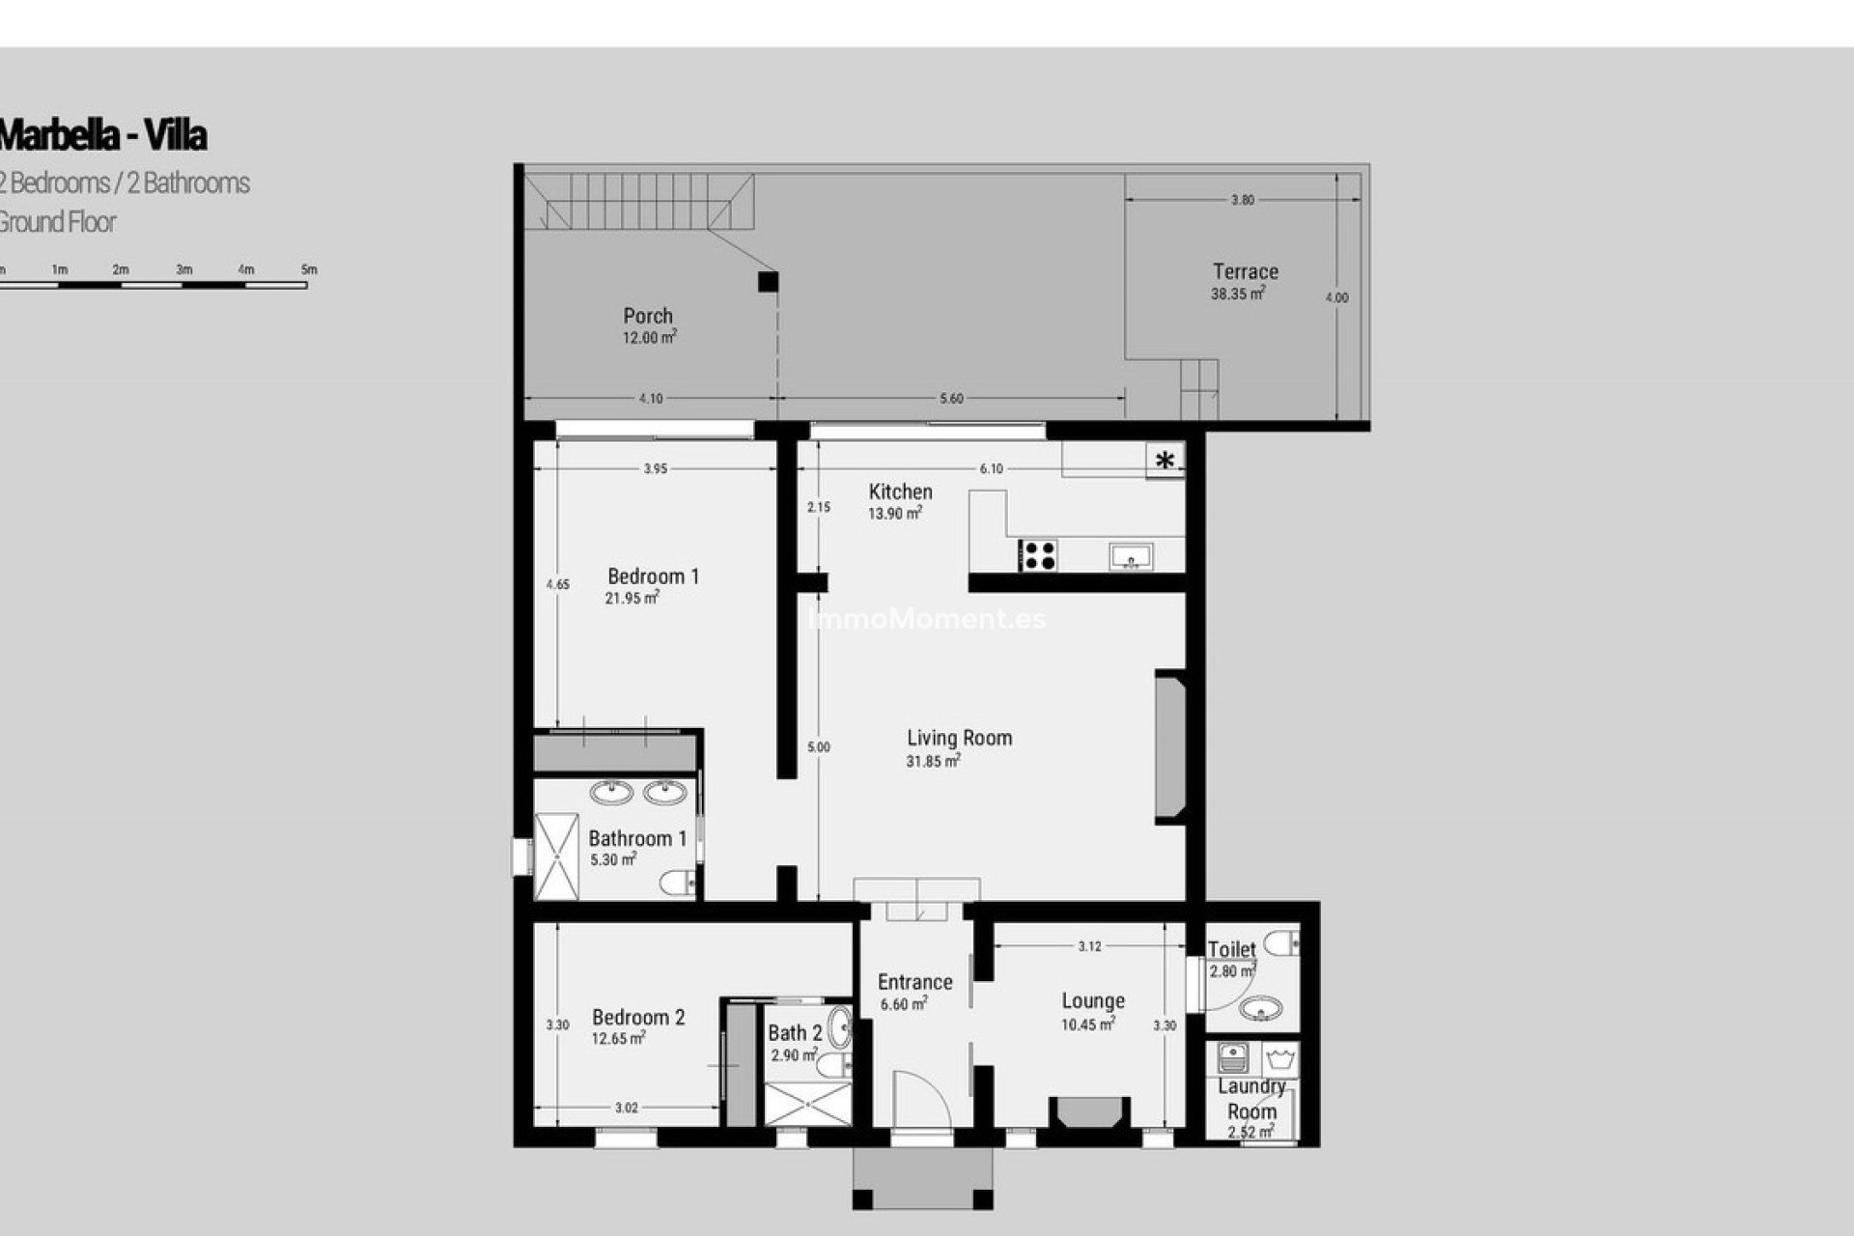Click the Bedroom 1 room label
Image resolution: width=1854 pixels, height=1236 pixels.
pyautogui.click(x=653, y=576)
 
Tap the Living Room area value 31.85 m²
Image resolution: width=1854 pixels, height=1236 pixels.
pyautogui.click(x=933, y=762)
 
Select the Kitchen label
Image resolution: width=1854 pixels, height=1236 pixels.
pyautogui.click(x=900, y=492)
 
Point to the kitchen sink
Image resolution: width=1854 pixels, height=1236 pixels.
pyautogui.click(x=1131, y=556)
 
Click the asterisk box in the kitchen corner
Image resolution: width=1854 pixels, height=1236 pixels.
pyautogui.click(x=1166, y=461)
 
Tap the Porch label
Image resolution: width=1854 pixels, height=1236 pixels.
pyautogui.click(x=648, y=316)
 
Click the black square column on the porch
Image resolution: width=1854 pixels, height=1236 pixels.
pyautogui.click(x=768, y=282)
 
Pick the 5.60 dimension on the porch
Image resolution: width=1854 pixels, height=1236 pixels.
pyautogui.click(x=951, y=398)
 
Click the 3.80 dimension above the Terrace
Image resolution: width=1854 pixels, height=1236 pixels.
pyautogui.click(x=1243, y=200)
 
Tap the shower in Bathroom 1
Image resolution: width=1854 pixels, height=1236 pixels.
pyautogui.click(x=556, y=857)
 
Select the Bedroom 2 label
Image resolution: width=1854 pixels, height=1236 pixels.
pyautogui.click(x=638, y=1017)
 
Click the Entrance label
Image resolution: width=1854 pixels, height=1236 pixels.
pyautogui.click(x=914, y=982)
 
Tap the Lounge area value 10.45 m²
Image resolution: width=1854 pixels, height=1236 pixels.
pyautogui.click(x=1088, y=1025)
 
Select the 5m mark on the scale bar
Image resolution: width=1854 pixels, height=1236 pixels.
pyautogui.click(x=309, y=270)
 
